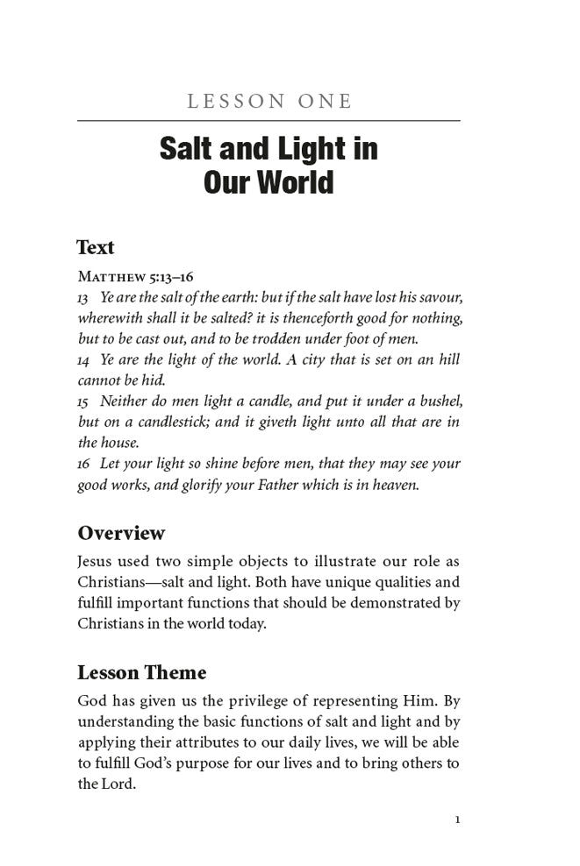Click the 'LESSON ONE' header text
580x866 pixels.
[x=269, y=102]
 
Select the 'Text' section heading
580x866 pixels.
[x=95, y=247]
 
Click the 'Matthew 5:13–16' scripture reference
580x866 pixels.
[x=135, y=278]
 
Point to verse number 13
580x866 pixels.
[x=82, y=299]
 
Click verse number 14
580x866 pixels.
[x=82, y=360]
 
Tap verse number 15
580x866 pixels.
[x=82, y=401]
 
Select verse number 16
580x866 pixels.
[x=82, y=464]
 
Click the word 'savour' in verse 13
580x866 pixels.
[x=439, y=298]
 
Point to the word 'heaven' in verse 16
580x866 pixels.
[x=396, y=484]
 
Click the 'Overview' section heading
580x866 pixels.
[x=121, y=533]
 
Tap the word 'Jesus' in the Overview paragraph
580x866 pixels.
[x=95, y=562]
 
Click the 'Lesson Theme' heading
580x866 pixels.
[x=142, y=673]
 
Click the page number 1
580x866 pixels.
[x=457, y=820]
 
